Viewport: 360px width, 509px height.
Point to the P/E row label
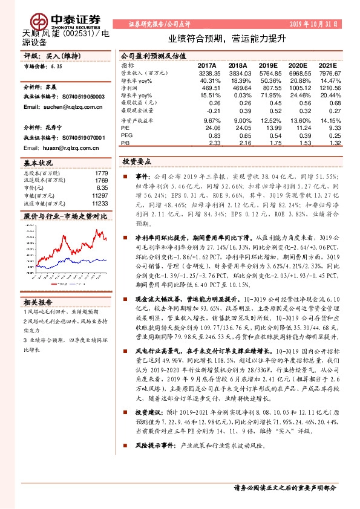pyautogui.click(x=125, y=128)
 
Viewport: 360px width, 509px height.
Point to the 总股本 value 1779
pyautogui.click(x=101, y=173)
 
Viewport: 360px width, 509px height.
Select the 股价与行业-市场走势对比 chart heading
pyautogui.click(x=65, y=216)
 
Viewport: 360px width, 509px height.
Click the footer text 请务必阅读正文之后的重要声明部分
pyautogui.click(x=284, y=487)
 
